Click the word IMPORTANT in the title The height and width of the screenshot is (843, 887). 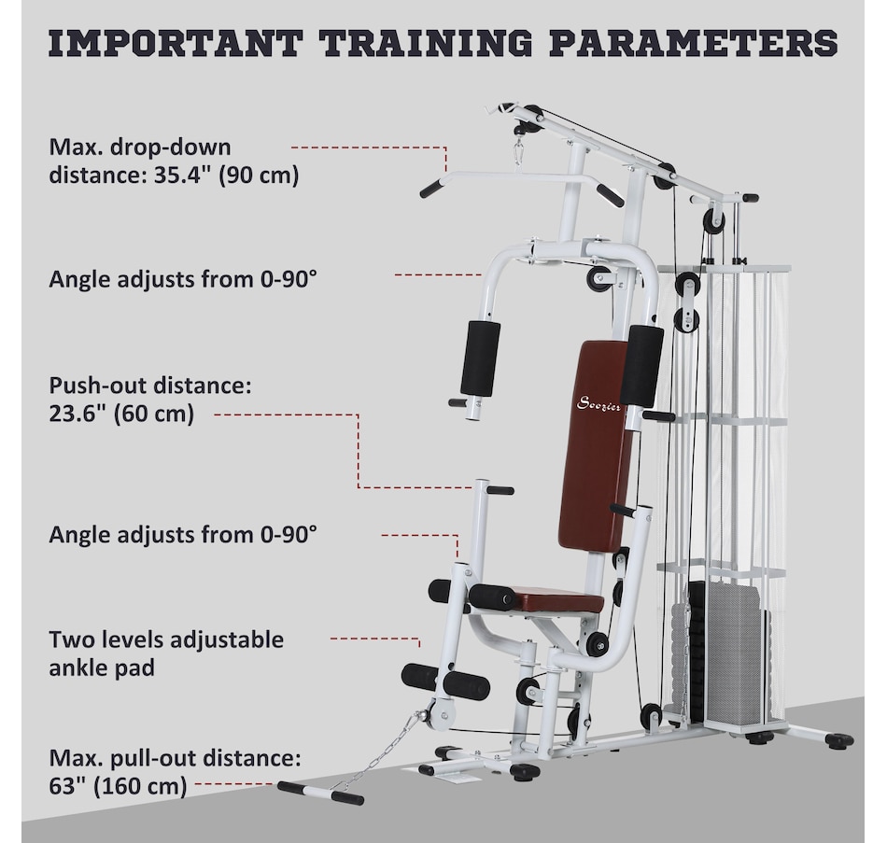pyautogui.click(x=176, y=42)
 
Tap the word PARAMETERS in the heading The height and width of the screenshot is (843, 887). pyautogui.click(x=694, y=42)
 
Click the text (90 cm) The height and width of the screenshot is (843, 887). pyautogui.click(x=259, y=176)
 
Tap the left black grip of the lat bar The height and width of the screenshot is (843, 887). pyautogui.click(x=433, y=188)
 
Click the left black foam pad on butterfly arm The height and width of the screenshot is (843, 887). pyautogui.click(x=481, y=358)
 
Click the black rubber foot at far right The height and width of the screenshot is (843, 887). pyautogui.click(x=839, y=739)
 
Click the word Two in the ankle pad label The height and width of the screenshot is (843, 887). pyautogui.click(x=66, y=639)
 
